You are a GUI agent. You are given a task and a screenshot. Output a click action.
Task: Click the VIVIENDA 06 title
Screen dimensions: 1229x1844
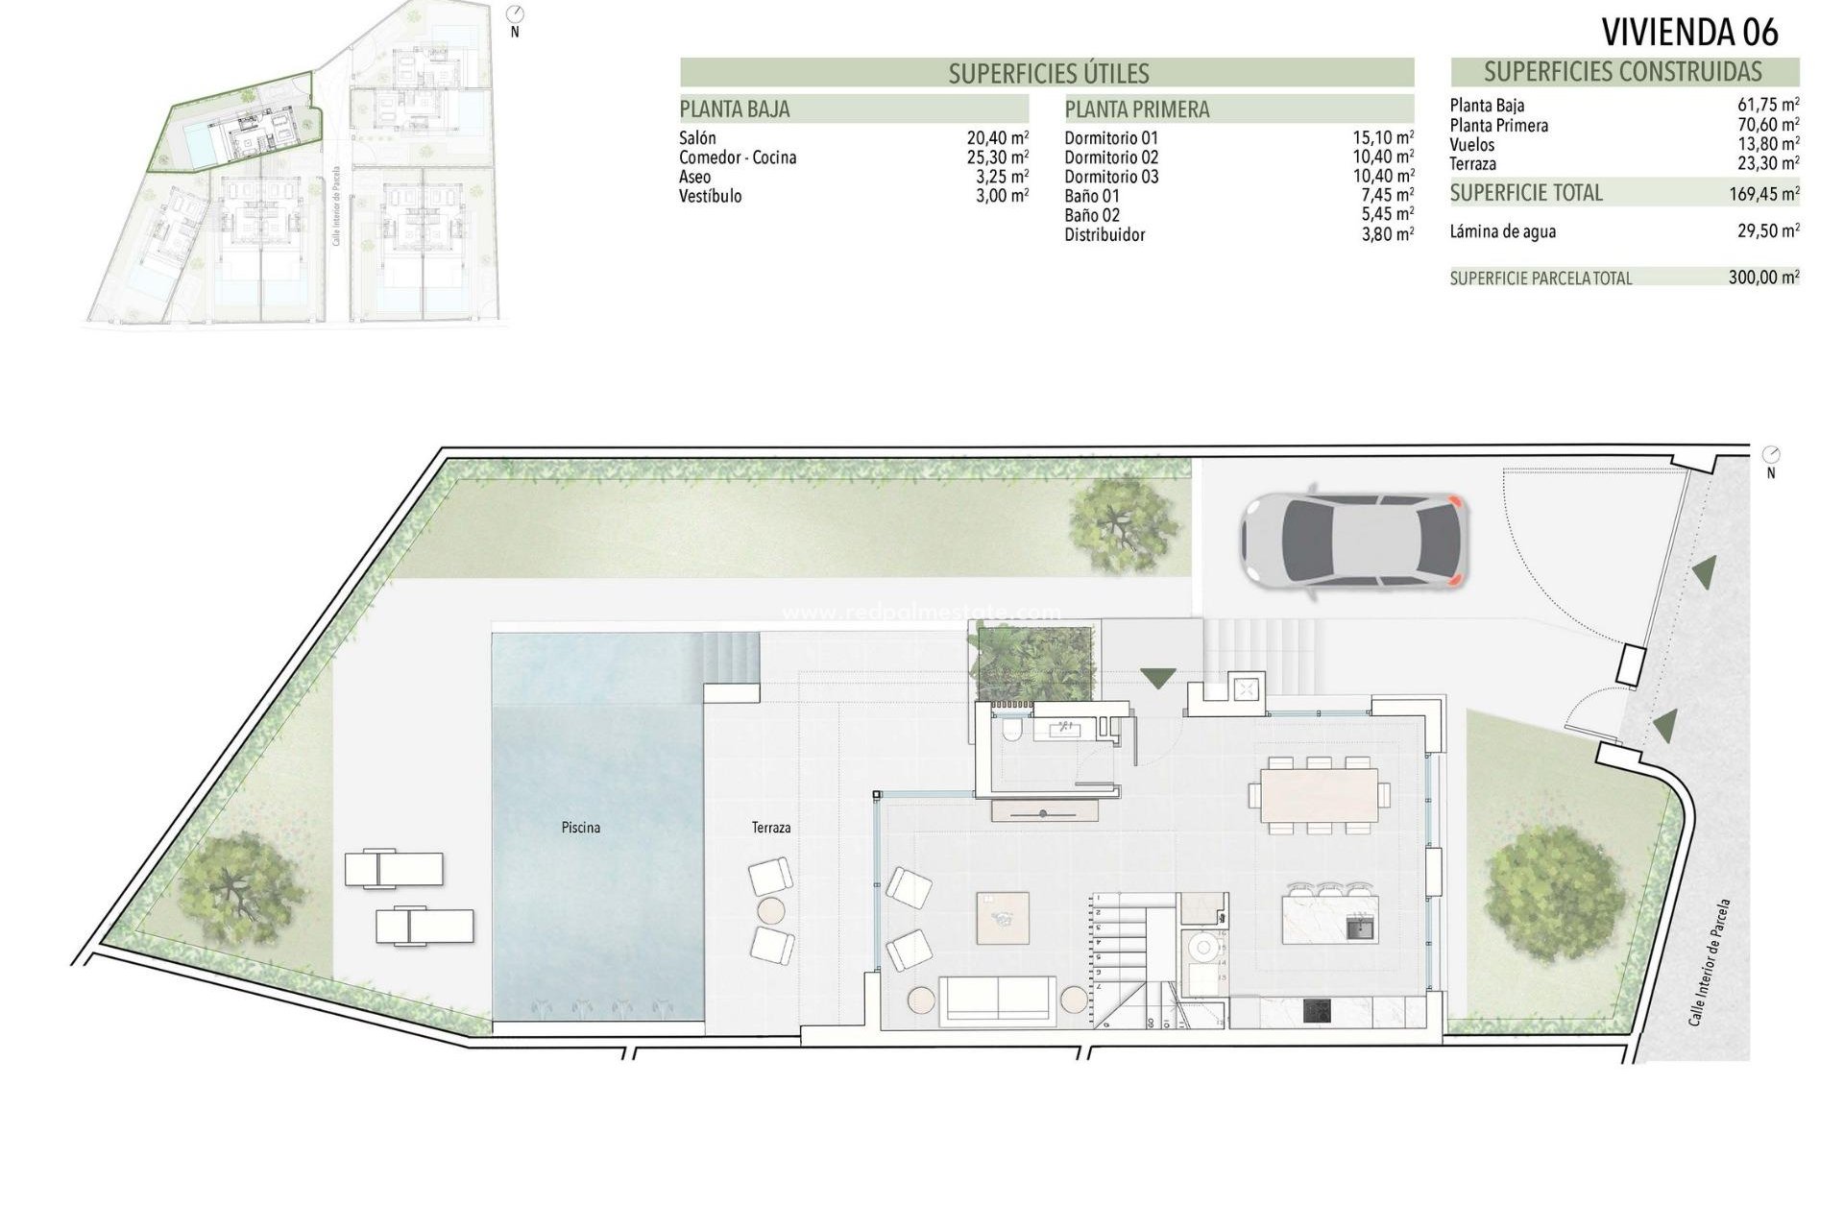tap(1689, 33)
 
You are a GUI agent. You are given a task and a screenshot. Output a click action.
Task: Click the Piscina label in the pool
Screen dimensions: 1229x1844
tap(581, 827)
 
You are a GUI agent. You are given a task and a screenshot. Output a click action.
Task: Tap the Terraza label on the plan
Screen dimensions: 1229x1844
tap(771, 827)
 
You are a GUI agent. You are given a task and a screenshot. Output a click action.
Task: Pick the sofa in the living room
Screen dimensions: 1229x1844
tap(999, 1000)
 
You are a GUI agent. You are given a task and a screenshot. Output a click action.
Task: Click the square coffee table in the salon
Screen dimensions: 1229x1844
tap(1003, 918)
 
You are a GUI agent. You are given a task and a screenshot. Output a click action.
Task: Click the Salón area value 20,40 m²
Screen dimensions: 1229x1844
tap(997, 138)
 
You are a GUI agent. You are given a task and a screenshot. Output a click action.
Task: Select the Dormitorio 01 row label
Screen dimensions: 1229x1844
tap(1111, 138)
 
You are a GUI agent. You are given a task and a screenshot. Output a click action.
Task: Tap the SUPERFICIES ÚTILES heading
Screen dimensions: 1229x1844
tap(1048, 73)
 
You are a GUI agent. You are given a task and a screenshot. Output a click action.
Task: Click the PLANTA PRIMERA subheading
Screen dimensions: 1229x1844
tap(1136, 109)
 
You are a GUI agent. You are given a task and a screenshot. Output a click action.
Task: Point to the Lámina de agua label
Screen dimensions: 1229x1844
tap(1502, 231)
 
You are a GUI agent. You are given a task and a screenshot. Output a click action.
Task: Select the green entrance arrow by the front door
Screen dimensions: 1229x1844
tap(1156, 676)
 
